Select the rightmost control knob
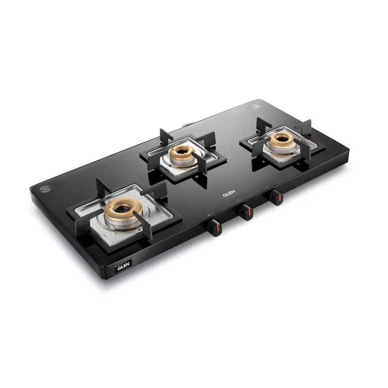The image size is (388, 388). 275,197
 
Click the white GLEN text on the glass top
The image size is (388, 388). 229,193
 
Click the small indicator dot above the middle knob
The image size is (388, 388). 238,201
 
